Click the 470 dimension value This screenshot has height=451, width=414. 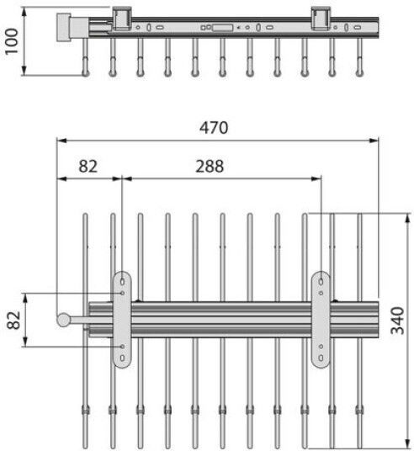(x=214, y=128)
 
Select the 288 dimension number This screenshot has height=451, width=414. (x=210, y=167)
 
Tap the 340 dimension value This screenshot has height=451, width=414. (x=398, y=321)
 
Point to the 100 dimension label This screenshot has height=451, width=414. (x=12, y=41)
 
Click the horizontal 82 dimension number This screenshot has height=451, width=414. (x=88, y=167)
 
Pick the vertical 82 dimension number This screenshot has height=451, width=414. (x=13, y=320)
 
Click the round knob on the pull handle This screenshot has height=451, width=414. (x=63, y=320)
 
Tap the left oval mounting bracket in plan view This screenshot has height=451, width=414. (x=122, y=319)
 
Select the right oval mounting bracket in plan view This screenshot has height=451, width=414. (x=321, y=319)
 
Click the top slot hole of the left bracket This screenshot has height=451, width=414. (x=122, y=282)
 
